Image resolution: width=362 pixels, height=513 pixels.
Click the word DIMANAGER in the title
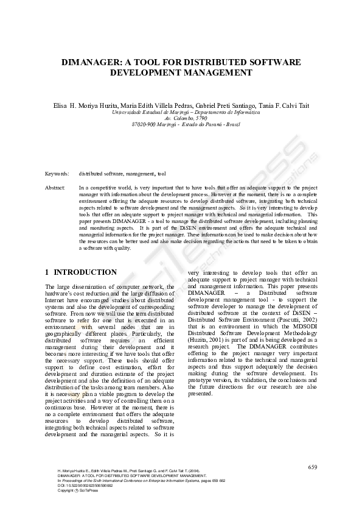pyautogui.click(x=94, y=63)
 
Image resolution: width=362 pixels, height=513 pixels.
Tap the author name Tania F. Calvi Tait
pyautogui.click(x=284, y=105)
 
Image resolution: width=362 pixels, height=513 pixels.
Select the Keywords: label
pyautogui.click(x=57, y=174)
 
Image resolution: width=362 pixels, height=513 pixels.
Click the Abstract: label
pyautogui.click(x=55, y=187)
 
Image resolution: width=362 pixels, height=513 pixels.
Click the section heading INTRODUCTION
pyautogui.click(x=85, y=272)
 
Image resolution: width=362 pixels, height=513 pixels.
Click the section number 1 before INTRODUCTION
pyautogui.click(x=47, y=272)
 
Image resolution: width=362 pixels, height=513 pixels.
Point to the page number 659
pyautogui.click(x=313, y=467)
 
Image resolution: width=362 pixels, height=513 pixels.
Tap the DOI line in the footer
pyautogui.click(x=85, y=485)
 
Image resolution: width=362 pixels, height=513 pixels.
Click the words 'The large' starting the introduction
pyautogui.click(x=57, y=286)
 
